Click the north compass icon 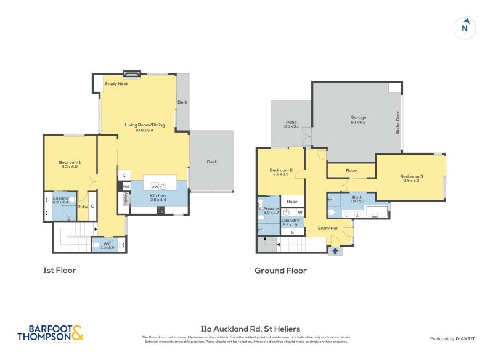(x=465, y=28)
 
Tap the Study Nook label (x=116, y=84)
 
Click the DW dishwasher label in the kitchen (x=155, y=186)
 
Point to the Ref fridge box (x=126, y=186)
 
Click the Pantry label (x=126, y=198)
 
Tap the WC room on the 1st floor (x=107, y=245)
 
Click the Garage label (x=358, y=117)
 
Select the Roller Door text (x=398, y=123)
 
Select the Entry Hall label (x=328, y=229)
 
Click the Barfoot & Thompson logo (x=51, y=333)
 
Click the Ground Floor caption (x=280, y=270)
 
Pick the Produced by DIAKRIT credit (x=453, y=339)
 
